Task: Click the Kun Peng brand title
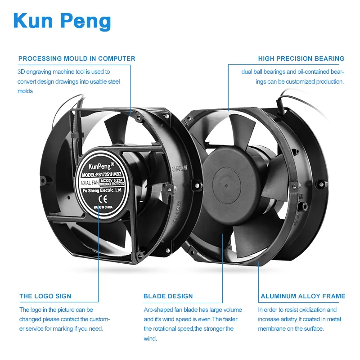(62, 22)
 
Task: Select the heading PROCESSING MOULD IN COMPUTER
(76, 58)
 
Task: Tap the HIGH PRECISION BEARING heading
(301, 58)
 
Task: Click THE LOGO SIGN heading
(45, 296)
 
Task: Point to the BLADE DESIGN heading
(168, 296)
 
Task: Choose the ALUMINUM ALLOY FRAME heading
(303, 296)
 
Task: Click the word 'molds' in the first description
(25, 91)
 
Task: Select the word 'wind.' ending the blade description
(150, 338)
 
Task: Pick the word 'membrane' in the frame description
(271, 328)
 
